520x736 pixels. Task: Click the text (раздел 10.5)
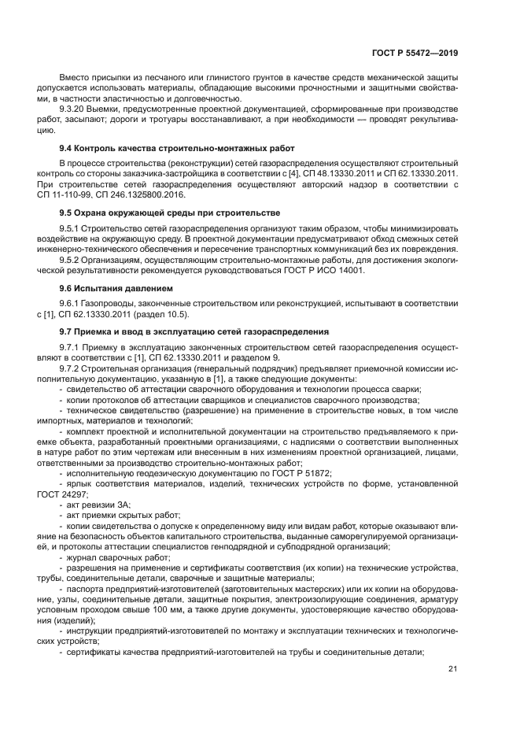170,314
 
